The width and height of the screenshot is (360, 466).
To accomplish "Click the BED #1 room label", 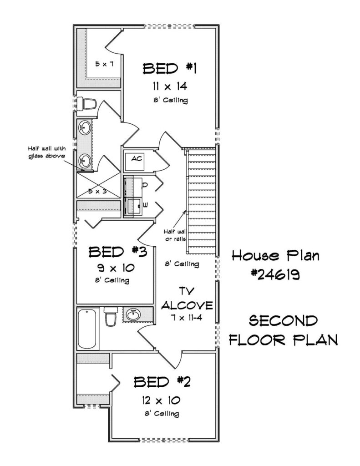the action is pyautogui.click(x=170, y=69).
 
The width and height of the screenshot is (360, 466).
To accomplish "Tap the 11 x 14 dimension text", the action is pyautogui.click(x=170, y=86).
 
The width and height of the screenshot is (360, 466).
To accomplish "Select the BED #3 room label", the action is pyautogui.click(x=118, y=252).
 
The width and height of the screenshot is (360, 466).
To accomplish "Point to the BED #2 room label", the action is pyautogui.click(x=162, y=382).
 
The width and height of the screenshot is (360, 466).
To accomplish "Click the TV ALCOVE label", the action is pyautogui.click(x=187, y=299).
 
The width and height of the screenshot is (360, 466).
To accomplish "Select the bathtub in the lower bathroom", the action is pyautogui.click(x=87, y=329).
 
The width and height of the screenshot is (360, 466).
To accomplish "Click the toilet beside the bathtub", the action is pyautogui.click(x=111, y=317).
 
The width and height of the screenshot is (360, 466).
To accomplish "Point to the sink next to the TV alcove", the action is pyautogui.click(x=133, y=314).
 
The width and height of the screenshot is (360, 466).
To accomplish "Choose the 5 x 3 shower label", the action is pyautogui.click(x=97, y=192).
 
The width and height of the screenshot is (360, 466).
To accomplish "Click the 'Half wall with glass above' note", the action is pyautogui.click(x=47, y=152).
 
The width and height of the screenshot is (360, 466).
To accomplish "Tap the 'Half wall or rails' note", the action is pyautogui.click(x=176, y=235).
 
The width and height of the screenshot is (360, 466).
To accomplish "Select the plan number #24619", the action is pyautogui.click(x=275, y=275).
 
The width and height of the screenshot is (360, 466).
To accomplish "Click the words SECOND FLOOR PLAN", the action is pyautogui.click(x=283, y=330).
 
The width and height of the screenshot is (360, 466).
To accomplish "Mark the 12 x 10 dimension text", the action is pyautogui.click(x=161, y=400).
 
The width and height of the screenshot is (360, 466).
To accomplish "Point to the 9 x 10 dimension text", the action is pyautogui.click(x=116, y=268).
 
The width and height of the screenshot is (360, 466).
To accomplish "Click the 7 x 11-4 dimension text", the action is pyautogui.click(x=187, y=318).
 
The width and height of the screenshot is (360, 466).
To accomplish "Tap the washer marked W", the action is pyautogui.click(x=133, y=206).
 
